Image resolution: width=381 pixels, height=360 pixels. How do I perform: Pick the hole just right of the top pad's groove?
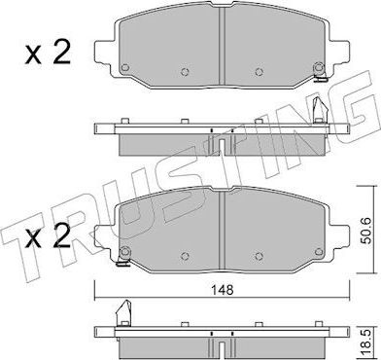[x=257, y=71]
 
